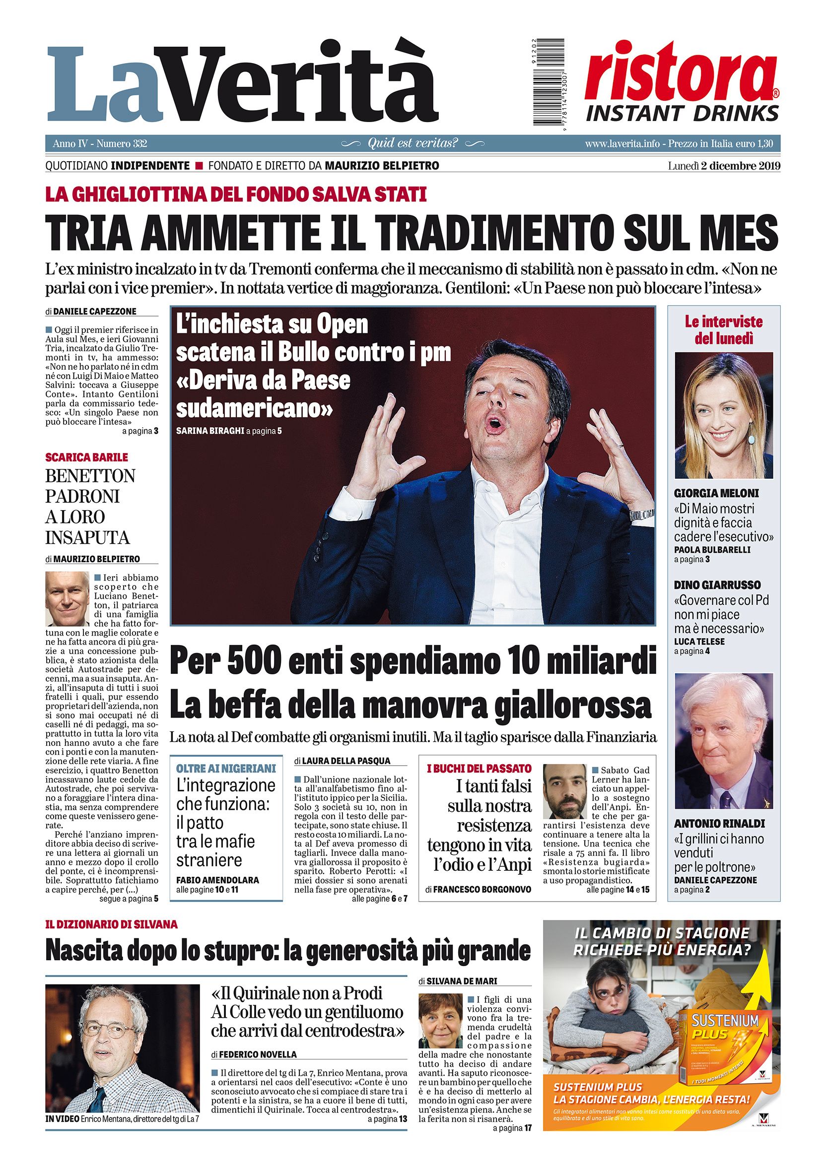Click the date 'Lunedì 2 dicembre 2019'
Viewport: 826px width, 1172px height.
pos(724,166)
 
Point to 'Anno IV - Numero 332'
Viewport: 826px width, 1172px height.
pos(100,144)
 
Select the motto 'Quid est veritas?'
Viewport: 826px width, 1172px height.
pos(413,143)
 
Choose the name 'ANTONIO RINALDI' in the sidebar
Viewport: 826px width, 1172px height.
pos(712,824)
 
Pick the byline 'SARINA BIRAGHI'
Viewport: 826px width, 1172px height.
pos(209,431)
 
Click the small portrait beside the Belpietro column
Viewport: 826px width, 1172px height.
pos(67,599)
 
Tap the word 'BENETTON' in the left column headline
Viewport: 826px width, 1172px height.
pos(90,476)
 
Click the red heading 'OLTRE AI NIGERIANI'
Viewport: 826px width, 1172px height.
pos(226,768)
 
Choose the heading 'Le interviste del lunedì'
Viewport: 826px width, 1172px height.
pos(723,330)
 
